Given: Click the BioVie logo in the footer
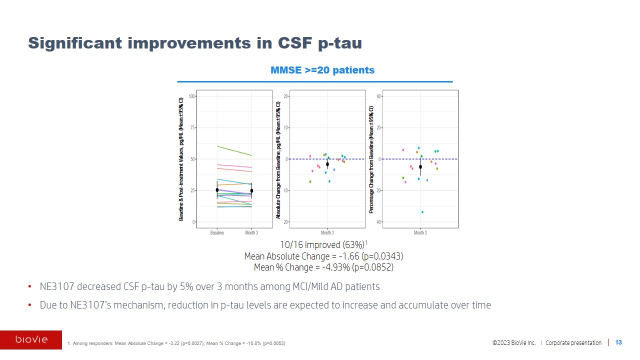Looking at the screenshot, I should coord(31,340).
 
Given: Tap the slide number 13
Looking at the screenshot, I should coord(618,342).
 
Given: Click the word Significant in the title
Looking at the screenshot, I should coord(75,43).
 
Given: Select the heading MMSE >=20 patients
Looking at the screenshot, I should coord(322,70).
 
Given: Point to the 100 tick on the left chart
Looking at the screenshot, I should coord(192,96).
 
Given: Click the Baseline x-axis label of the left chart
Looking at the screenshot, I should coord(217,233).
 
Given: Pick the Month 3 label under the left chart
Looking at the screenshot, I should coord(251,233).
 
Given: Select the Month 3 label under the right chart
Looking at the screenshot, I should coord(420,233).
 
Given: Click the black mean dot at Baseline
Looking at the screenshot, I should coord(217,190).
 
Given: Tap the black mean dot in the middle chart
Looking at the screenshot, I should coord(327,164).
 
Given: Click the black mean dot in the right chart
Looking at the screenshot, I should coord(420,166).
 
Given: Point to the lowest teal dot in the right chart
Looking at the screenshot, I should coord(422,212).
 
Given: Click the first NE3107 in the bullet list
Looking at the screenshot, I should coord(55,287).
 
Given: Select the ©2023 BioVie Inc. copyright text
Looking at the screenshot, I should coord(513,343).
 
